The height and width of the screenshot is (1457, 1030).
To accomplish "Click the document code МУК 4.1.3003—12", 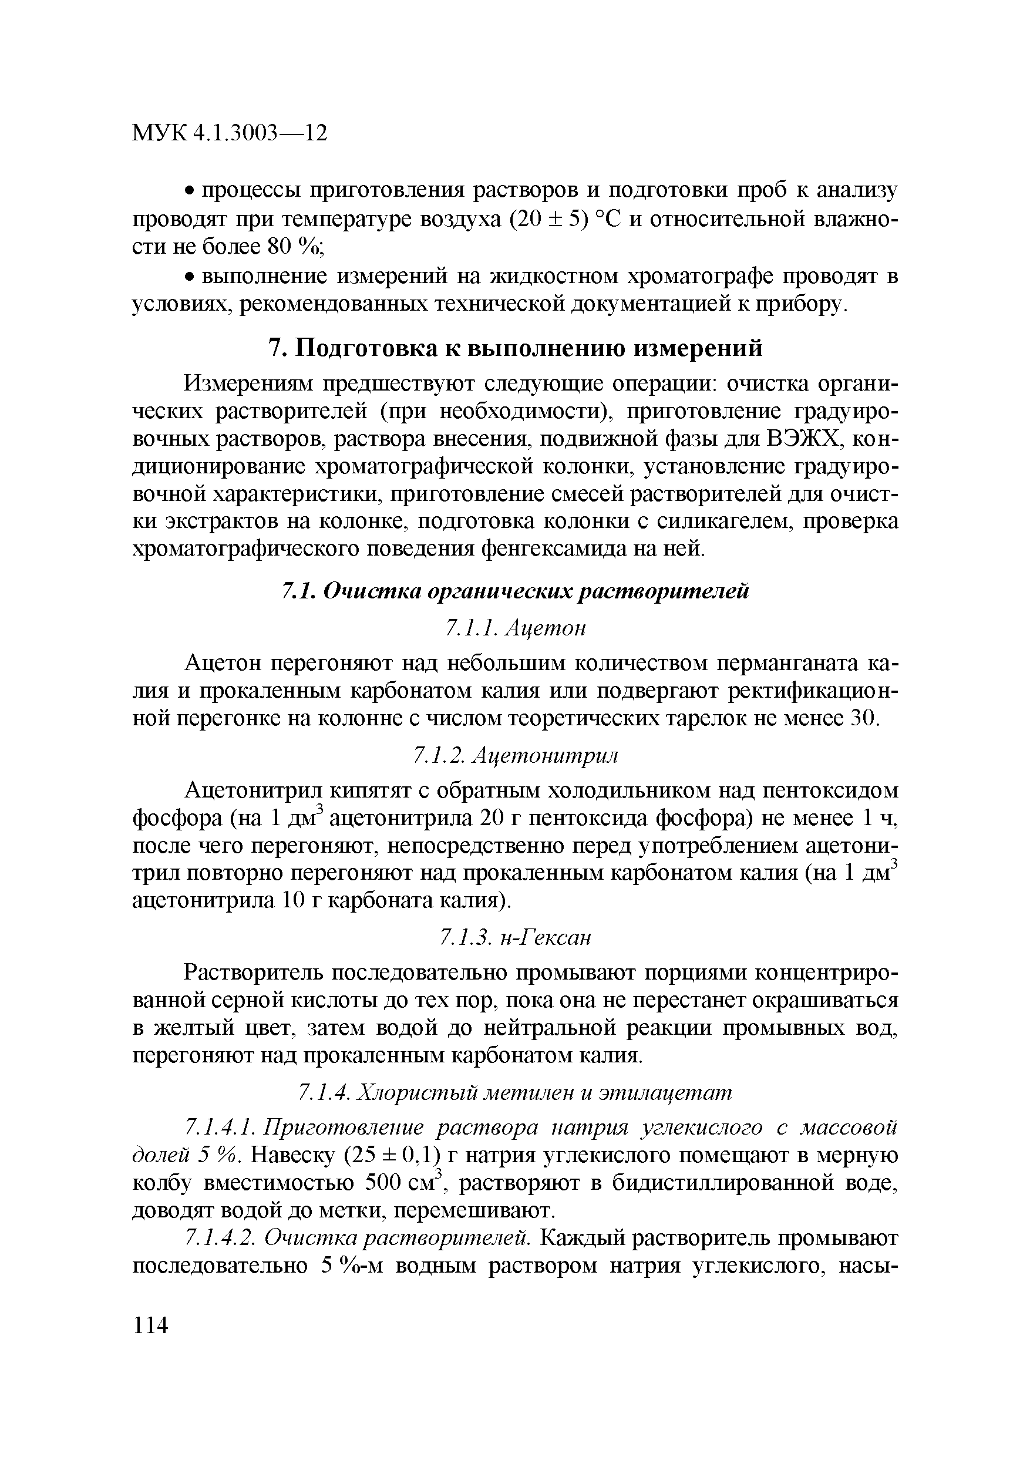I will [229, 133].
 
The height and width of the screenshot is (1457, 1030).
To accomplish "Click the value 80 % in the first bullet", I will [293, 247].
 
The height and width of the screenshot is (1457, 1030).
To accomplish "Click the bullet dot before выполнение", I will [189, 278].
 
